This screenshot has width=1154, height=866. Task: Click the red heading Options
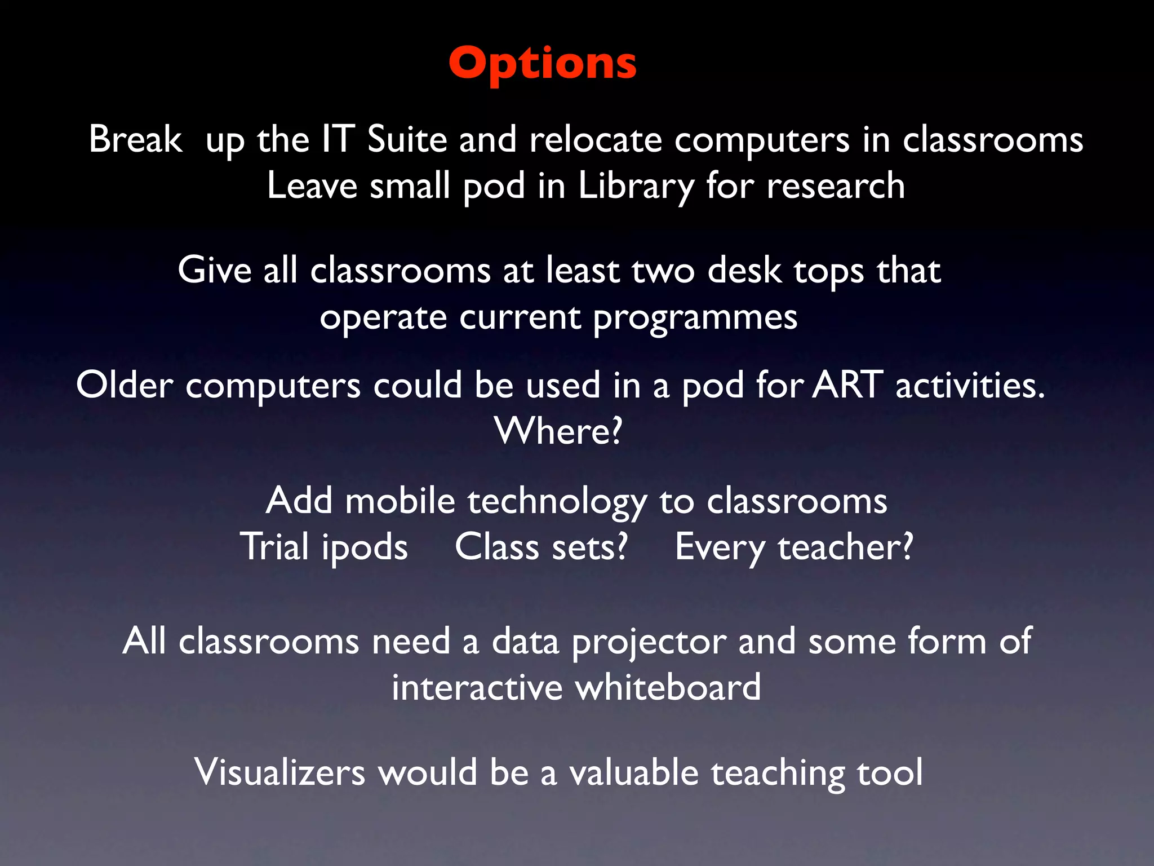pos(543,63)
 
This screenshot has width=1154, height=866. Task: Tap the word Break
pos(135,139)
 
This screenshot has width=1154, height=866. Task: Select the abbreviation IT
pos(338,139)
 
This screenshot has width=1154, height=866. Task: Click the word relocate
pos(595,139)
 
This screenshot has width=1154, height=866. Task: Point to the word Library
pos(636,187)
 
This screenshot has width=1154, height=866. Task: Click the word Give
pos(214,270)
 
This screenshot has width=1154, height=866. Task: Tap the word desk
pos(744,270)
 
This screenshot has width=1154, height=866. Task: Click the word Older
pos(125,386)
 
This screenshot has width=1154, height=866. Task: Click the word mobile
pos(400,501)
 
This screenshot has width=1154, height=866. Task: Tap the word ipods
pos(365,548)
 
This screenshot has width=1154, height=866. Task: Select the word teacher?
pos(845,547)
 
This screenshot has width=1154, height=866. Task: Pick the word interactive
pos(477,688)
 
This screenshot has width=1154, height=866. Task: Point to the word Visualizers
pos(279,772)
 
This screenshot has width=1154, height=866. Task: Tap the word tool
pos(890,772)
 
